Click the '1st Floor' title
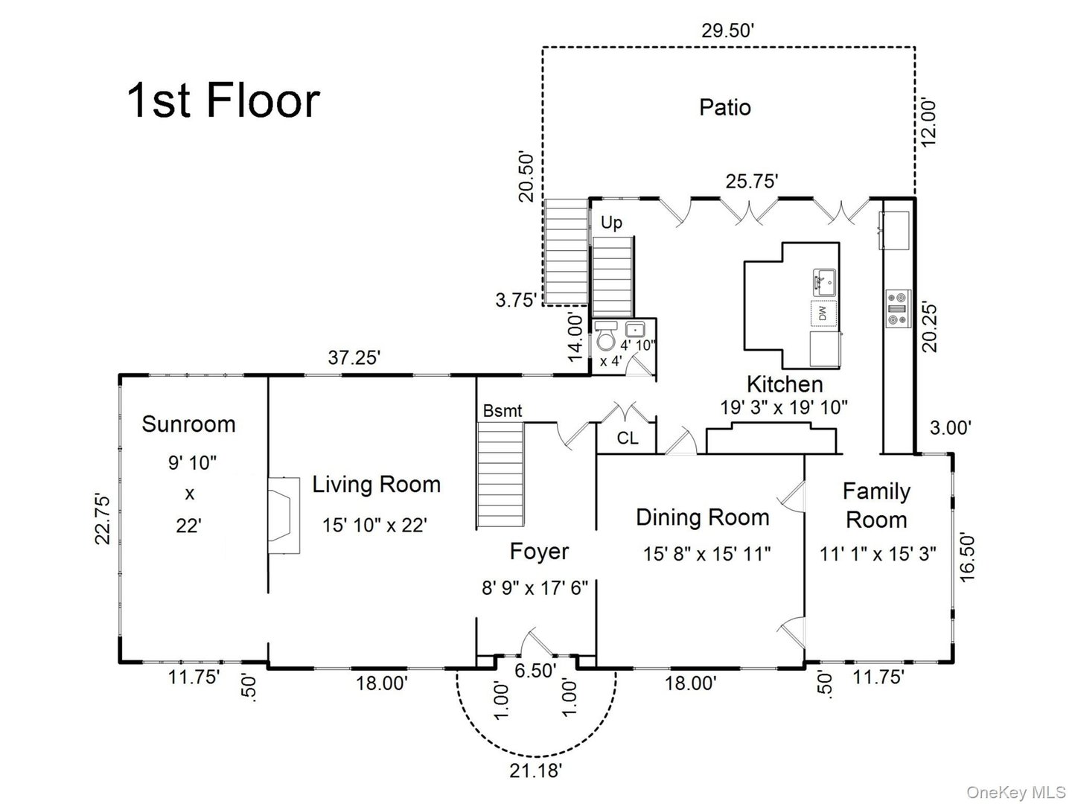point(223,100)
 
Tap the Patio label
point(724,107)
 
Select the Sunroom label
point(188,424)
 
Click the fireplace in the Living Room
point(284,515)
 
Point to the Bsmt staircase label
point(502,411)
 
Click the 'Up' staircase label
point(611,223)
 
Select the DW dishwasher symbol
point(823,313)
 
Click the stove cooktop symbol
point(897,307)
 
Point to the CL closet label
point(627,438)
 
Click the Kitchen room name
point(785,384)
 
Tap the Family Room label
point(876,505)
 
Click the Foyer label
point(539,552)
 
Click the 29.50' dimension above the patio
point(728,31)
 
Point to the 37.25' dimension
point(354,358)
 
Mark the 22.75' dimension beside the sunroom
point(103,518)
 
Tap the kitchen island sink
point(823,282)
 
